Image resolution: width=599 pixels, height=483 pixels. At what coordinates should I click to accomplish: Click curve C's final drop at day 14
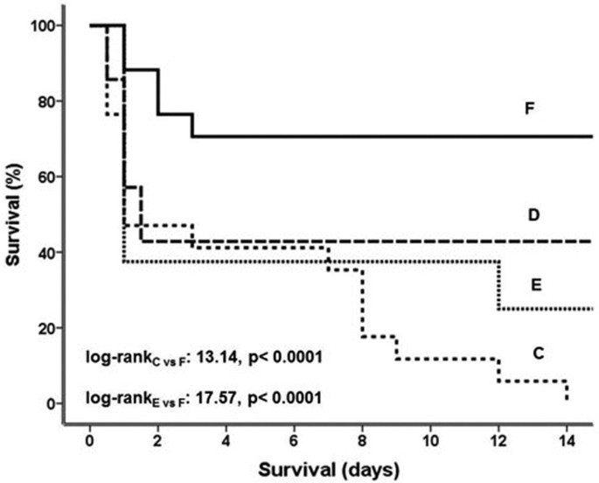567,390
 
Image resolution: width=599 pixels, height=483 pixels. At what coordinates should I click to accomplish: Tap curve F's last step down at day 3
192,125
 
